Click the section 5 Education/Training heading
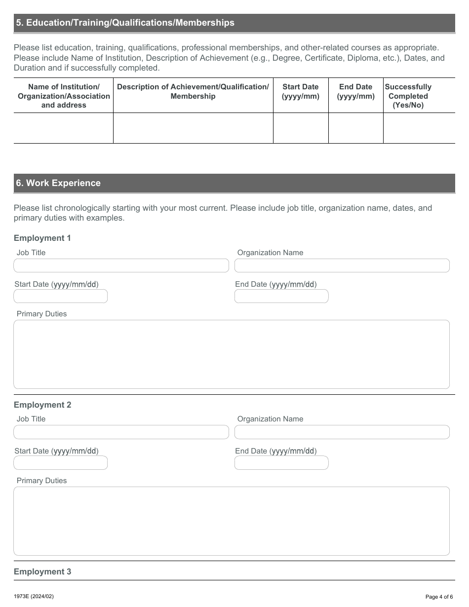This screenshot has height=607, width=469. [125, 23]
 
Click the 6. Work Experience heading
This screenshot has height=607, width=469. [58, 183]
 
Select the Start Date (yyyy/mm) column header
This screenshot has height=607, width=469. [300, 91]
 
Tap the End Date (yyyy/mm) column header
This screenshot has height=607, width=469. [355, 91]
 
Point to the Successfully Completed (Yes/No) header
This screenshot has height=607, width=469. [408, 96]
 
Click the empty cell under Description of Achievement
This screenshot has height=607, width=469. [193, 128]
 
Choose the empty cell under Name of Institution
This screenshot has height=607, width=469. [63, 128]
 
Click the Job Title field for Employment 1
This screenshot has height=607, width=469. [121, 266]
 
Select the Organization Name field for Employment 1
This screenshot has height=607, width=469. [342, 266]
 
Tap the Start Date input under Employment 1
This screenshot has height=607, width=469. [60, 296]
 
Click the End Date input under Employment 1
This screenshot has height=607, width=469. [281, 296]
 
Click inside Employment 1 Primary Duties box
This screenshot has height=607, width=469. [231, 354]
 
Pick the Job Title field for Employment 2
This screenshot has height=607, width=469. [121, 432]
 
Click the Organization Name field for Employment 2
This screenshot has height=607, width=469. [342, 432]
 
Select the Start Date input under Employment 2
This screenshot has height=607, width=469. [60, 463]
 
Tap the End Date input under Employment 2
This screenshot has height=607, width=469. [281, 463]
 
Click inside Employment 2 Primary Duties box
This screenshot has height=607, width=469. [231, 521]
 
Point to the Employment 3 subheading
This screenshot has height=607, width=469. [42, 571]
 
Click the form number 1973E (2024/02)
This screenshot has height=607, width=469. [34, 596]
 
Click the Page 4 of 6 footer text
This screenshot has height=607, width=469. [438, 597]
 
